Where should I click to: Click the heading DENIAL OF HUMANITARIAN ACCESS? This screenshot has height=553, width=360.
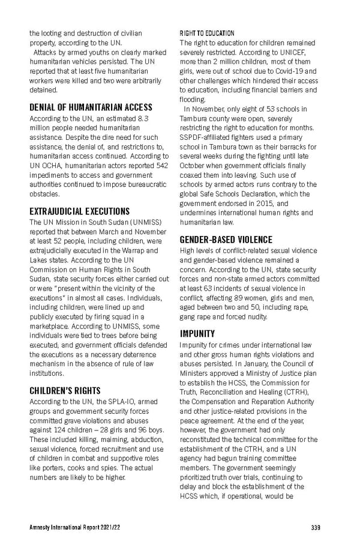click(x=91, y=107)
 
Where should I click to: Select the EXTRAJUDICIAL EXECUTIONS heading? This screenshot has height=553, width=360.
click(x=80, y=211)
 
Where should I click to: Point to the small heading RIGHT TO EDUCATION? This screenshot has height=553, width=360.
click(x=207, y=33)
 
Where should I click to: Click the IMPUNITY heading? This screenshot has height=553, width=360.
click(x=197, y=333)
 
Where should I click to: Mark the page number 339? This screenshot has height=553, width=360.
click(x=316, y=528)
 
